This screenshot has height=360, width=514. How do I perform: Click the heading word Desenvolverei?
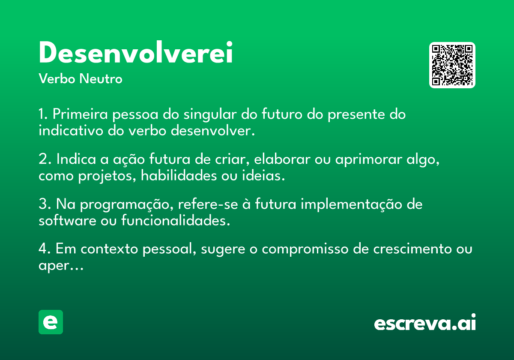click(x=136, y=52)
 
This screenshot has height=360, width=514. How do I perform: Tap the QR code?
click(x=452, y=65)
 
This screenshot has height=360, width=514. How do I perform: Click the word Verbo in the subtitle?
click(x=57, y=78)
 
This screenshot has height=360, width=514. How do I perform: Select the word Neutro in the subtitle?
click(x=101, y=78)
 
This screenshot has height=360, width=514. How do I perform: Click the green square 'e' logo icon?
click(x=51, y=322)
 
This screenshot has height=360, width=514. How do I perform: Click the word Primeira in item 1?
click(x=80, y=114)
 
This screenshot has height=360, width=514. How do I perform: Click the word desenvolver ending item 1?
click(x=213, y=131)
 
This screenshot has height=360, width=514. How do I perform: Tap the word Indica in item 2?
click(x=76, y=159)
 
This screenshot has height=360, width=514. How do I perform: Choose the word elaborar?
click(x=282, y=159)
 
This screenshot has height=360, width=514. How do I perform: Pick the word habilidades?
click(x=179, y=176)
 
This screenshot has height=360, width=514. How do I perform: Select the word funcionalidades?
click(x=176, y=221)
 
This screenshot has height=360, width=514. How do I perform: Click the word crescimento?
click(x=412, y=249)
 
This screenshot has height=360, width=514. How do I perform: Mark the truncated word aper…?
click(x=61, y=266)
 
